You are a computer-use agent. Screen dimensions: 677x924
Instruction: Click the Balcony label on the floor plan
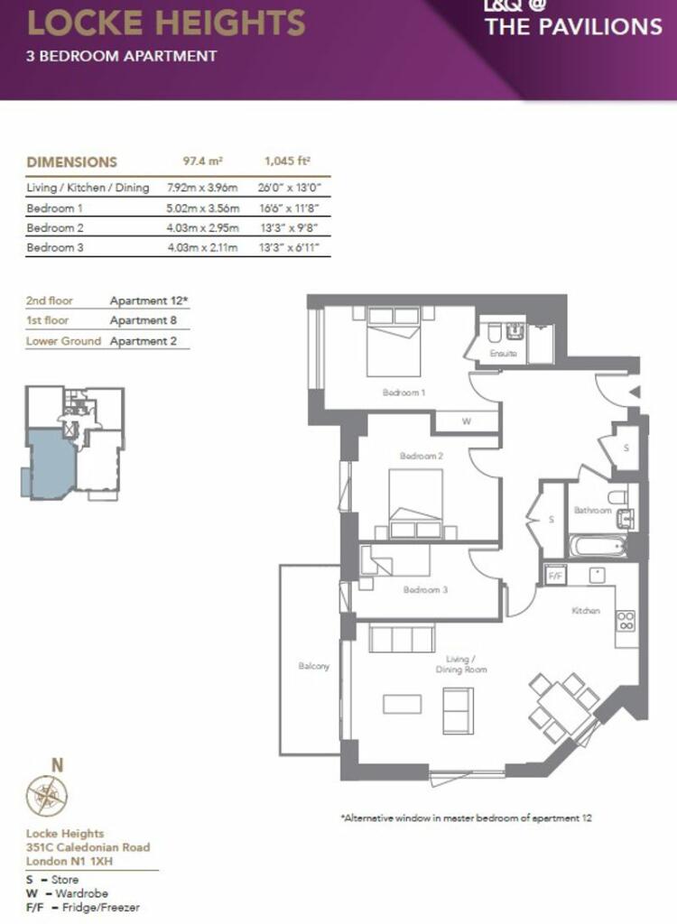313,666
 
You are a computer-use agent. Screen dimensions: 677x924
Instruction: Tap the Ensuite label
503,353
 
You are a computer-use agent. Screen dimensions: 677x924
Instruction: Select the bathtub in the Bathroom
598,546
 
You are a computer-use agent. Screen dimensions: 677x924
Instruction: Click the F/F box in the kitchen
554,575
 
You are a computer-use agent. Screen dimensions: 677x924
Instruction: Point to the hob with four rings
626,621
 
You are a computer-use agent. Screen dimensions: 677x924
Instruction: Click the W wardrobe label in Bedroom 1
466,421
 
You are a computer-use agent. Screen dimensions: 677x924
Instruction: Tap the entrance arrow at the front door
635,393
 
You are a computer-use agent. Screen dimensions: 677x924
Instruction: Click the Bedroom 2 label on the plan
421,456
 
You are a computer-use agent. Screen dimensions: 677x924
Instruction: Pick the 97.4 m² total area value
203,161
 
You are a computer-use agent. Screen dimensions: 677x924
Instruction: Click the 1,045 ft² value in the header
287,161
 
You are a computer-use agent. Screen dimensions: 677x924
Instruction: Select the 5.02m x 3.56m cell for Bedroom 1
203,208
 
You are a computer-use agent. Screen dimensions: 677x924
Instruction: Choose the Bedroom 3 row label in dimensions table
55,247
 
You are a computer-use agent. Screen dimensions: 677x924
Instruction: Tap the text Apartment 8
143,320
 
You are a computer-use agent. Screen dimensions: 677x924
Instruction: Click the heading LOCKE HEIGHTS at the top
166,23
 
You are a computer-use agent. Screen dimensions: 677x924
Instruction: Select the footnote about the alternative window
466,818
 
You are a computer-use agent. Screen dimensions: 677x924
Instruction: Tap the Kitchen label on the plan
586,611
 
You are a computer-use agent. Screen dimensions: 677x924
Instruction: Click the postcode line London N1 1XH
70,861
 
